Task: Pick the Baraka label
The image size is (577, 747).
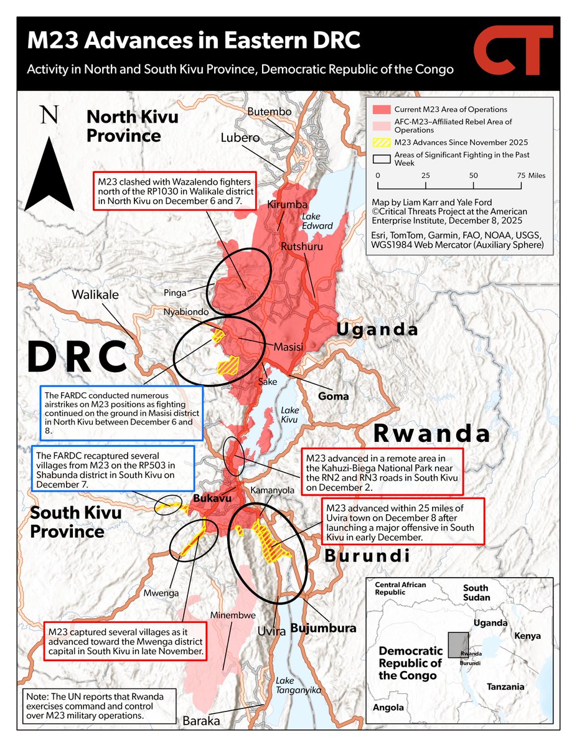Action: point(201,721)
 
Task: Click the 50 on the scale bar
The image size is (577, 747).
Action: point(474,176)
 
